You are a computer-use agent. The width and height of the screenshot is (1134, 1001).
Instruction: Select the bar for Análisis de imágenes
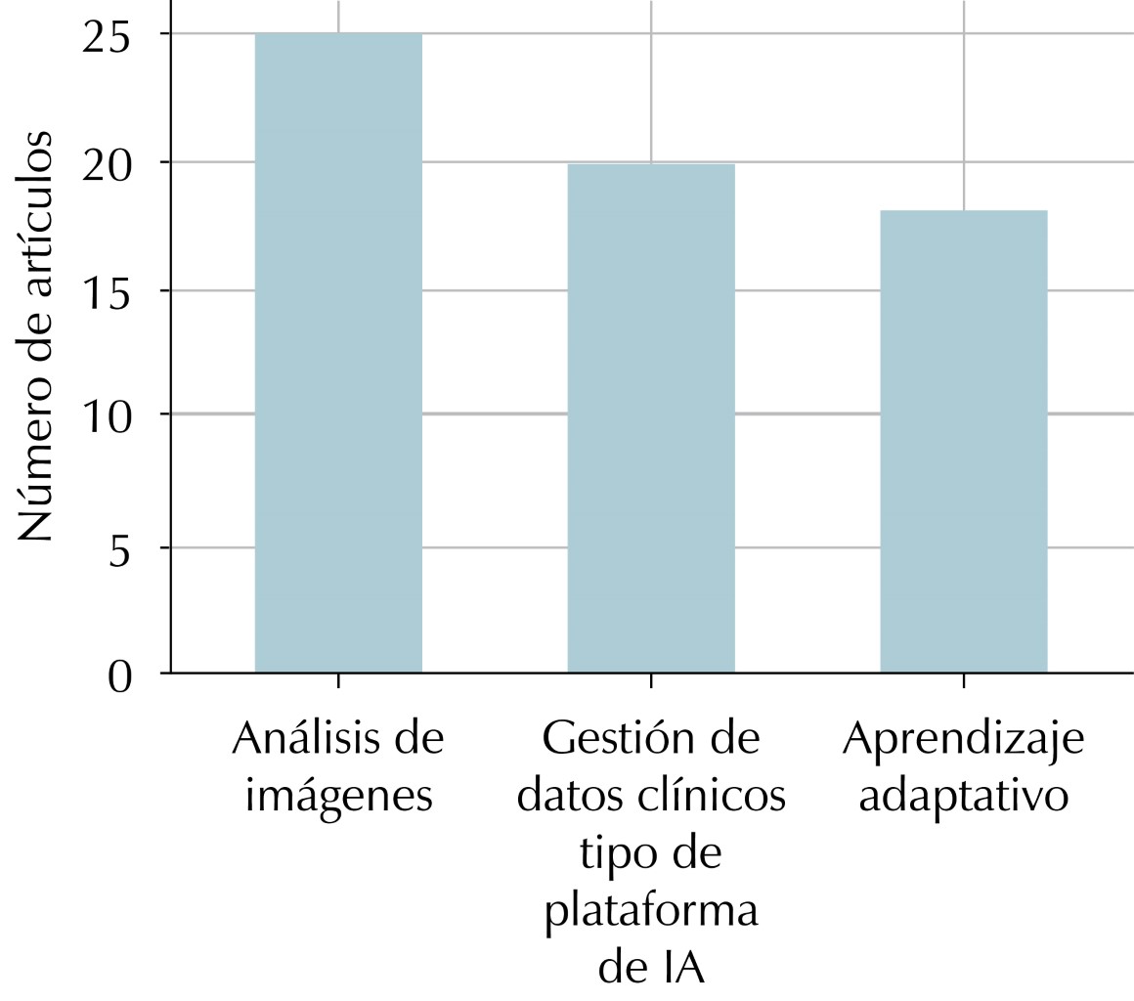[x=338, y=353]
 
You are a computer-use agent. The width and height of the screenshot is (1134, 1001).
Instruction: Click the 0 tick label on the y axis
[x=119, y=675]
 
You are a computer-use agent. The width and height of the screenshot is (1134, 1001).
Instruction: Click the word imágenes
[x=338, y=797]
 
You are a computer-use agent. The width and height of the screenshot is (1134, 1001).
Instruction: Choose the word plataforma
[x=651, y=912]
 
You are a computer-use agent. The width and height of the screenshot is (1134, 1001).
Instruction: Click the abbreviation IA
[x=678, y=969]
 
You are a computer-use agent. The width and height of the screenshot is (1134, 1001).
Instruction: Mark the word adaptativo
[x=964, y=797]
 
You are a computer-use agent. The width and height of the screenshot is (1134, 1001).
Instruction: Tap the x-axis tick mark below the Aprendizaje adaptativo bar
[x=964, y=679]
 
